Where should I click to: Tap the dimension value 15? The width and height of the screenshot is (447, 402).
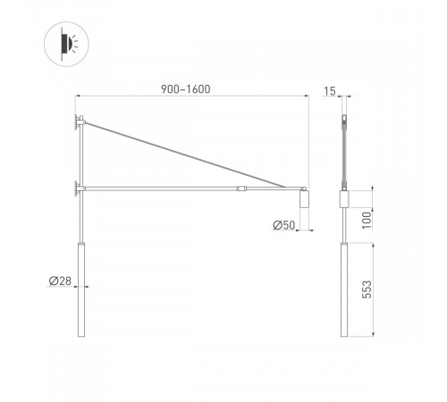[x=331, y=89]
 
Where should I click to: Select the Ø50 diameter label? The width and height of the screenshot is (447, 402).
[x=283, y=224]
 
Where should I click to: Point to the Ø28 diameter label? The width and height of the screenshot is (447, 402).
[x=60, y=281]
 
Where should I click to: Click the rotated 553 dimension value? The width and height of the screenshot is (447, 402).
[x=366, y=289]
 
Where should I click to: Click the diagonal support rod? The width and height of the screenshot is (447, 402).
[x=188, y=154]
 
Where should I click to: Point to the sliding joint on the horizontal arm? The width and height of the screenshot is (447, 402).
[x=241, y=188]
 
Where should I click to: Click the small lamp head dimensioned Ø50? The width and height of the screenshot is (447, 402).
[x=304, y=203]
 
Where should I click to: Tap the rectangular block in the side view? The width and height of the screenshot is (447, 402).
[x=344, y=200]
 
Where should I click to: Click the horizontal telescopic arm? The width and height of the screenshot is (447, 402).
[x=161, y=188]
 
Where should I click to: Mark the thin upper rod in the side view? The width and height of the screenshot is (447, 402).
[x=344, y=152]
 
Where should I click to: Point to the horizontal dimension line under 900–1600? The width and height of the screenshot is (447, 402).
[x=192, y=96]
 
